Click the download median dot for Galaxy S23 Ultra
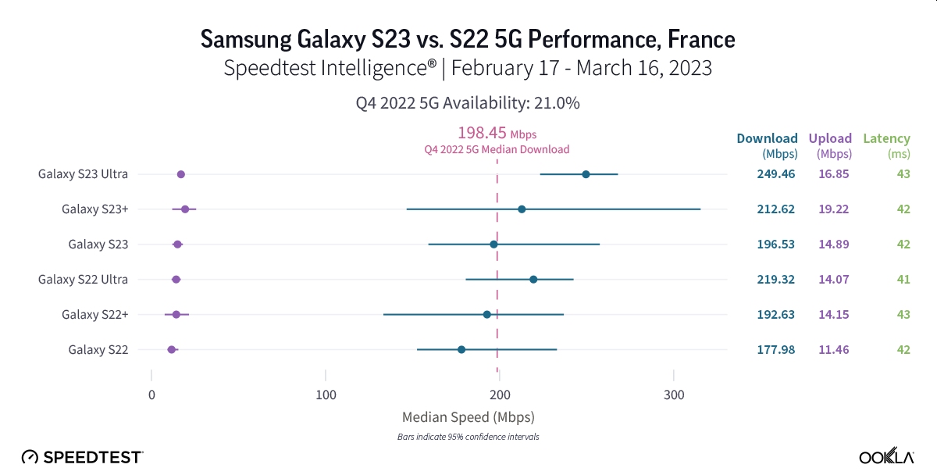pyautogui.click(x=586, y=174)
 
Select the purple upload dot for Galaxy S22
pyautogui.click(x=172, y=349)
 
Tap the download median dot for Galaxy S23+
pyautogui.click(x=522, y=209)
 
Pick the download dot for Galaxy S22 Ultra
pyautogui.click(x=533, y=279)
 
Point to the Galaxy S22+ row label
pyautogui.click(x=94, y=314)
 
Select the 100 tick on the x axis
pyautogui.click(x=326, y=395)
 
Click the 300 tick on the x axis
pyautogui.click(x=673, y=395)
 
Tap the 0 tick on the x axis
pyautogui.click(x=151, y=395)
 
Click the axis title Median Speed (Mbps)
pyautogui.click(x=468, y=416)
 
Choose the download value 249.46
pyautogui.click(x=775, y=174)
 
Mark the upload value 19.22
pyautogui.click(x=832, y=209)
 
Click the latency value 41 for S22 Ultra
pyautogui.click(x=903, y=279)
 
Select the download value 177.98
pyautogui.click(x=775, y=349)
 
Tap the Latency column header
pyautogui.click(x=886, y=139)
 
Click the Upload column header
pyautogui.click(x=830, y=139)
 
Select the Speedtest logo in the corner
pyautogui.click(x=82, y=456)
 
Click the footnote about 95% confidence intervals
pyautogui.click(x=468, y=437)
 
